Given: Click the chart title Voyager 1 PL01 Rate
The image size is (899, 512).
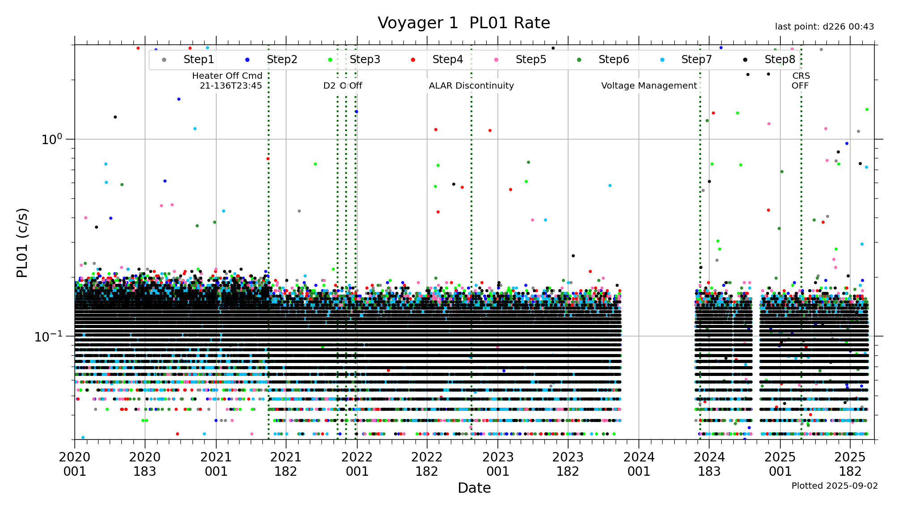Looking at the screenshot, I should click(x=463, y=23).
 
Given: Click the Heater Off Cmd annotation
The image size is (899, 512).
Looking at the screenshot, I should click(x=227, y=81).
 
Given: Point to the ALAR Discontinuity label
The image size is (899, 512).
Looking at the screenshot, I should click(x=471, y=85).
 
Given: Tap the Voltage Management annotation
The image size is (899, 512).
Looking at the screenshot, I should click(x=649, y=85).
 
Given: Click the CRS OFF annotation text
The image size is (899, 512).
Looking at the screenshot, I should click(x=801, y=81).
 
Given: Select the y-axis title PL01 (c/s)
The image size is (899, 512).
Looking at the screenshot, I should click(x=22, y=243).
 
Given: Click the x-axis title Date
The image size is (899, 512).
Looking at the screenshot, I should click(x=474, y=488).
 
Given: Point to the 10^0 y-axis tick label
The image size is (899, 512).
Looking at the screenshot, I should click(x=52, y=139).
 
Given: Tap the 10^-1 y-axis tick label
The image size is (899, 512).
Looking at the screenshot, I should click(x=49, y=336).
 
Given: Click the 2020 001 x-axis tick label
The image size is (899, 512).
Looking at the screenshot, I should click(x=74, y=464).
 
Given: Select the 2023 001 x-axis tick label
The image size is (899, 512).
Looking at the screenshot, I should click(x=497, y=464).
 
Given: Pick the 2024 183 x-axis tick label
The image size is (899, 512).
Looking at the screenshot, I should click(x=709, y=464).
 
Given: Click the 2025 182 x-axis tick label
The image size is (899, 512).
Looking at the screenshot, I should click(x=850, y=464).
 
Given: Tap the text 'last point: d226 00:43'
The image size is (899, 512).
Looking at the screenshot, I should click(x=824, y=27).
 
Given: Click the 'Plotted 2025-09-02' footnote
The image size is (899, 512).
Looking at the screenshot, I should click(x=835, y=486).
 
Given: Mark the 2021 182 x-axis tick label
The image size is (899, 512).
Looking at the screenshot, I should click(x=286, y=464).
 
